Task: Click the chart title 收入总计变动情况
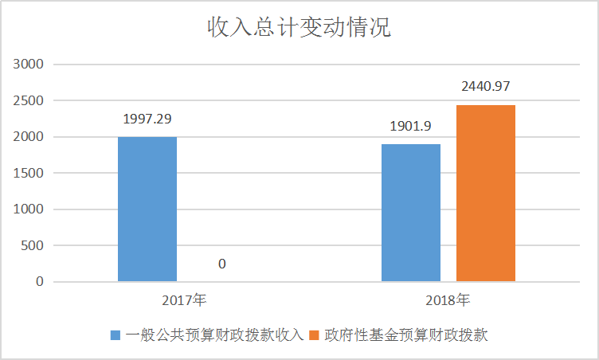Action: tap(299, 29)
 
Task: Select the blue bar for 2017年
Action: tap(147, 209)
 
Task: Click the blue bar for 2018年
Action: tap(411, 213)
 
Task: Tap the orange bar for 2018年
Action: tap(486, 193)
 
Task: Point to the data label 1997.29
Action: tap(147, 119)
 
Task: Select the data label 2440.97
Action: tap(485, 86)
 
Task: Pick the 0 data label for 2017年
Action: tap(222, 264)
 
